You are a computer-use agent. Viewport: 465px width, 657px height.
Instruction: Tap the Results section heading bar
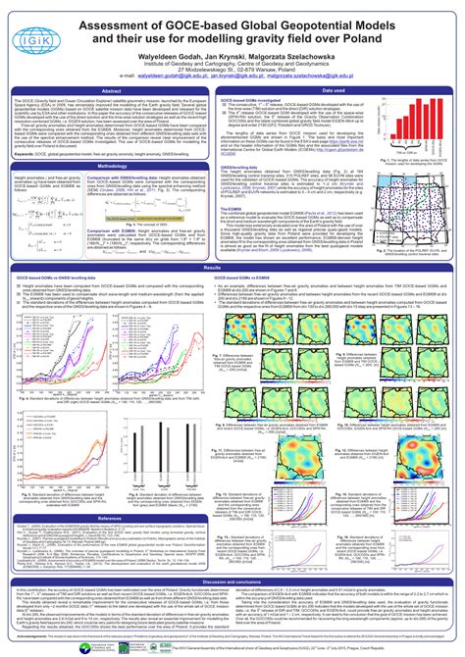coord(232,268)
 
